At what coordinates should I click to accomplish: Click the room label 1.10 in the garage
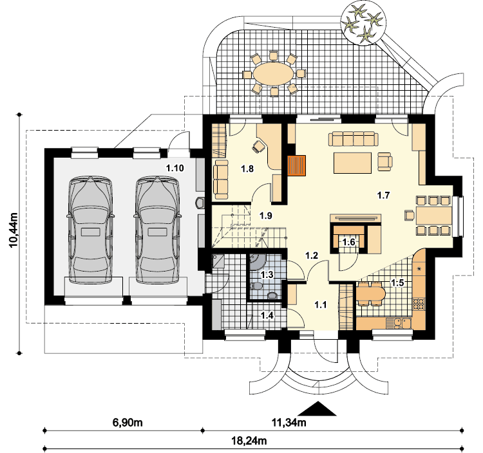[175, 168]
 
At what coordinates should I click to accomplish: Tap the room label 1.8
[247, 169]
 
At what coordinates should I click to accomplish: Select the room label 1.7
[384, 195]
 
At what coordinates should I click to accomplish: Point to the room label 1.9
[265, 216]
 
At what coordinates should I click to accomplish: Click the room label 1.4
[267, 315]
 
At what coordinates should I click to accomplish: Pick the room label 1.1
[320, 304]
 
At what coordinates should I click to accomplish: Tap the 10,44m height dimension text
[14, 230]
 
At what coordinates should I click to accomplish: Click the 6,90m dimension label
[128, 423]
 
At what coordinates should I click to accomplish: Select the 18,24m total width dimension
[249, 441]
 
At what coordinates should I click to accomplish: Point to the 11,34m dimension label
[289, 423]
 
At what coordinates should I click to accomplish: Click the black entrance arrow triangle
[317, 409]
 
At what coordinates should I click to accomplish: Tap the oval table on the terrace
[273, 73]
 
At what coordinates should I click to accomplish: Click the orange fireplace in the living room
[296, 165]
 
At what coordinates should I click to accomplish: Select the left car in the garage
[90, 230]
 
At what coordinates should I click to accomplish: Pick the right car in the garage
[156, 230]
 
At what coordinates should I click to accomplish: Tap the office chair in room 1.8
[258, 146]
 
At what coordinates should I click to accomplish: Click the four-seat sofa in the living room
[354, 139]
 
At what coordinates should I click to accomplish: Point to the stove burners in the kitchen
[419, 303]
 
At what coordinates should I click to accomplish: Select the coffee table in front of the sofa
[352, 163]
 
